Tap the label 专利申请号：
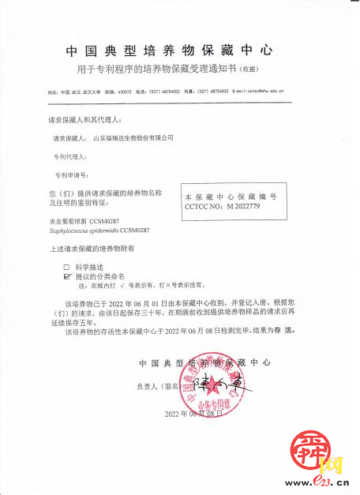[70, 174]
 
